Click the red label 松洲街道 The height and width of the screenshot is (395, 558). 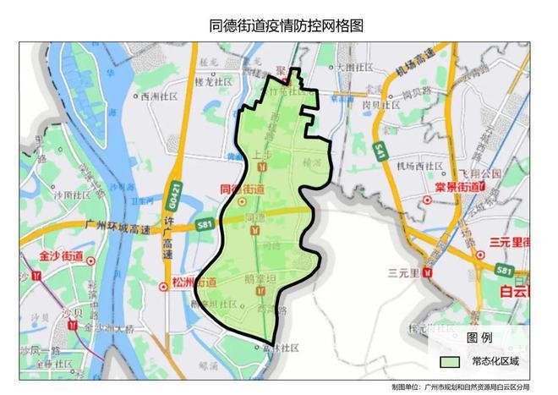click(193, 281)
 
